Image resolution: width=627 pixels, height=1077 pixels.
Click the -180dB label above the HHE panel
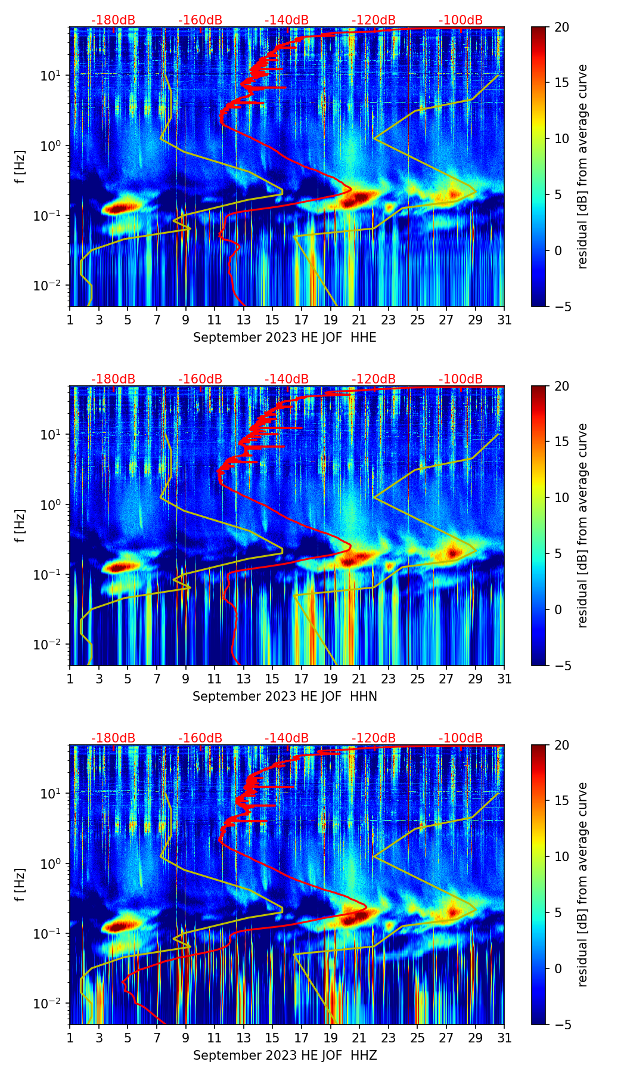click(113, 20)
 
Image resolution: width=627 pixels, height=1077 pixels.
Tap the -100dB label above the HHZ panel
click(461, 738)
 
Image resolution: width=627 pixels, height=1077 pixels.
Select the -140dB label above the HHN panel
click(287, 379)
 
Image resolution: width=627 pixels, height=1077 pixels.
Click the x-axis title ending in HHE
click(285, 338)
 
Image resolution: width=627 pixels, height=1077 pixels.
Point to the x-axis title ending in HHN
click(285, 697)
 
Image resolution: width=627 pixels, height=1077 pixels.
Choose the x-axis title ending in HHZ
click(285, 1056)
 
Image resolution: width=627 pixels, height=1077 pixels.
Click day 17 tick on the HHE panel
click(302, 320)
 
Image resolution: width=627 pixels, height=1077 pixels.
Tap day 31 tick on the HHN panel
click(504, 679)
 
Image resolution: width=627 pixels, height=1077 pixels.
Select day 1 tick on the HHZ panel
click(70, 1038)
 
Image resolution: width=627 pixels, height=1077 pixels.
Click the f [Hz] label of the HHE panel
click(20, 167)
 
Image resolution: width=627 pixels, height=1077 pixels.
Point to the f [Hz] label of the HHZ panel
click(20, 885)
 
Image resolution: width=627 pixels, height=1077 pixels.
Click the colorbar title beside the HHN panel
click(583, 525)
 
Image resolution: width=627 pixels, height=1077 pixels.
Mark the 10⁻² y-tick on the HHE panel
click(53, 286)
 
